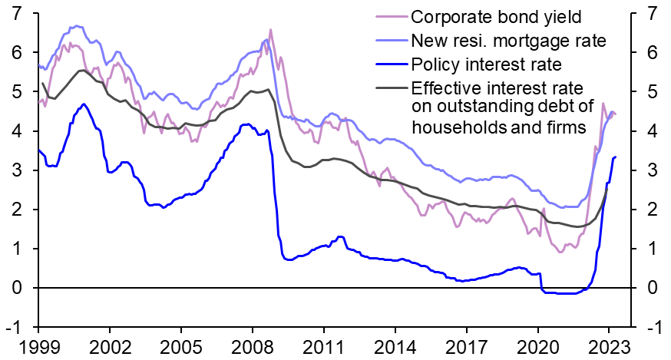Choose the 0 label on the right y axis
click(651, 287)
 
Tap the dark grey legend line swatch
click(391, 87)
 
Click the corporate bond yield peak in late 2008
click(270, 30)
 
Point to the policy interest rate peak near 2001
click(84, 104)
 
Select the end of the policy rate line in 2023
click(615, 157)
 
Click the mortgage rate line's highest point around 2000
click(74, 26)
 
